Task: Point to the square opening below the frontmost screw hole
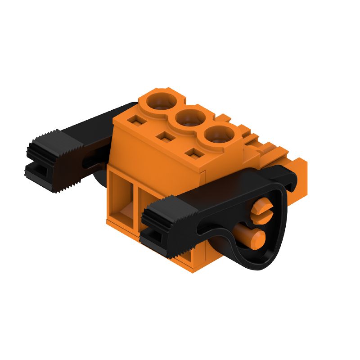(194, 154)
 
